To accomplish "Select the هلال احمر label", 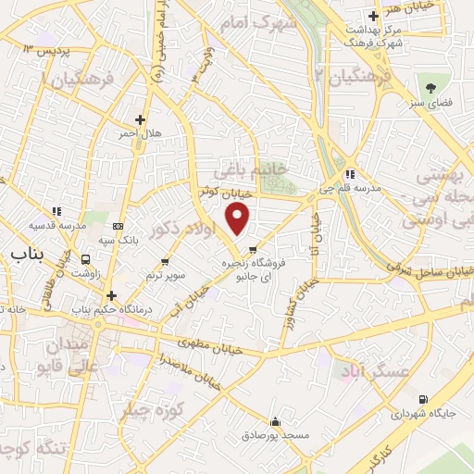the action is tap(139, 134).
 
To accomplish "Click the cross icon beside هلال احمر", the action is tap(140, 119).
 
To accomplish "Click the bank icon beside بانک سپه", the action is tap(118, 226).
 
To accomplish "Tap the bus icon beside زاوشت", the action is tap(86, 260).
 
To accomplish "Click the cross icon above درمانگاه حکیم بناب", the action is tap(110, 296).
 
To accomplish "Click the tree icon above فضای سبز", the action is tap(430, 88).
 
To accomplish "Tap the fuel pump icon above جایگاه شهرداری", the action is tap(423, 400).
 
